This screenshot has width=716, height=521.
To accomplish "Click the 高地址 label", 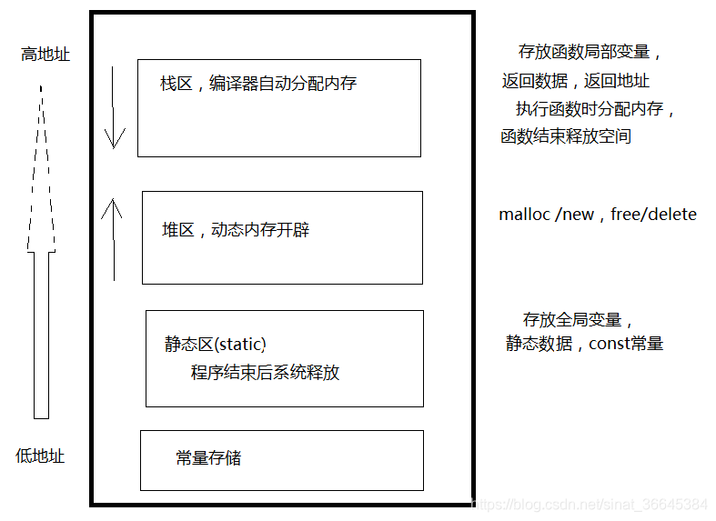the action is (x=45, y=55).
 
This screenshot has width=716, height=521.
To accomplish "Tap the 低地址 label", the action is (x=41, y=456).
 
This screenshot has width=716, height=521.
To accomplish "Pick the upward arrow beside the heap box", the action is (x=112, y=240).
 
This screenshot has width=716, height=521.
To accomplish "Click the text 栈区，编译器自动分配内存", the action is (x=258, y=84).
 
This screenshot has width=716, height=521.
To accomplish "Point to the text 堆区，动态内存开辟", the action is (x=236, y=230).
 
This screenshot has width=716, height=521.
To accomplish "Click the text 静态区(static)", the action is (x=216, y=344).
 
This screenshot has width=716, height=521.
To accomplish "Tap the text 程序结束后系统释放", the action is (x=265, y=372).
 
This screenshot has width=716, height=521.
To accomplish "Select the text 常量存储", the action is (x=208, y=457).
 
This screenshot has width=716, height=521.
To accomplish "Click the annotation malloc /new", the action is (x=546, y=215).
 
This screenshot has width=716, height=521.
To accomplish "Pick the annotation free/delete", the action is (x=653, y=215).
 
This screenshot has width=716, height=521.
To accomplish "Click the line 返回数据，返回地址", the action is (x=576, y=81).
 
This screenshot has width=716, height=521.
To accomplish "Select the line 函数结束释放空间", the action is (x=566, y=137).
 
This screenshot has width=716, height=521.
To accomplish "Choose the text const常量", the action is (x=627, y=344).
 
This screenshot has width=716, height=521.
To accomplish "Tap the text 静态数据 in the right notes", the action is (x=540, y=344).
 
